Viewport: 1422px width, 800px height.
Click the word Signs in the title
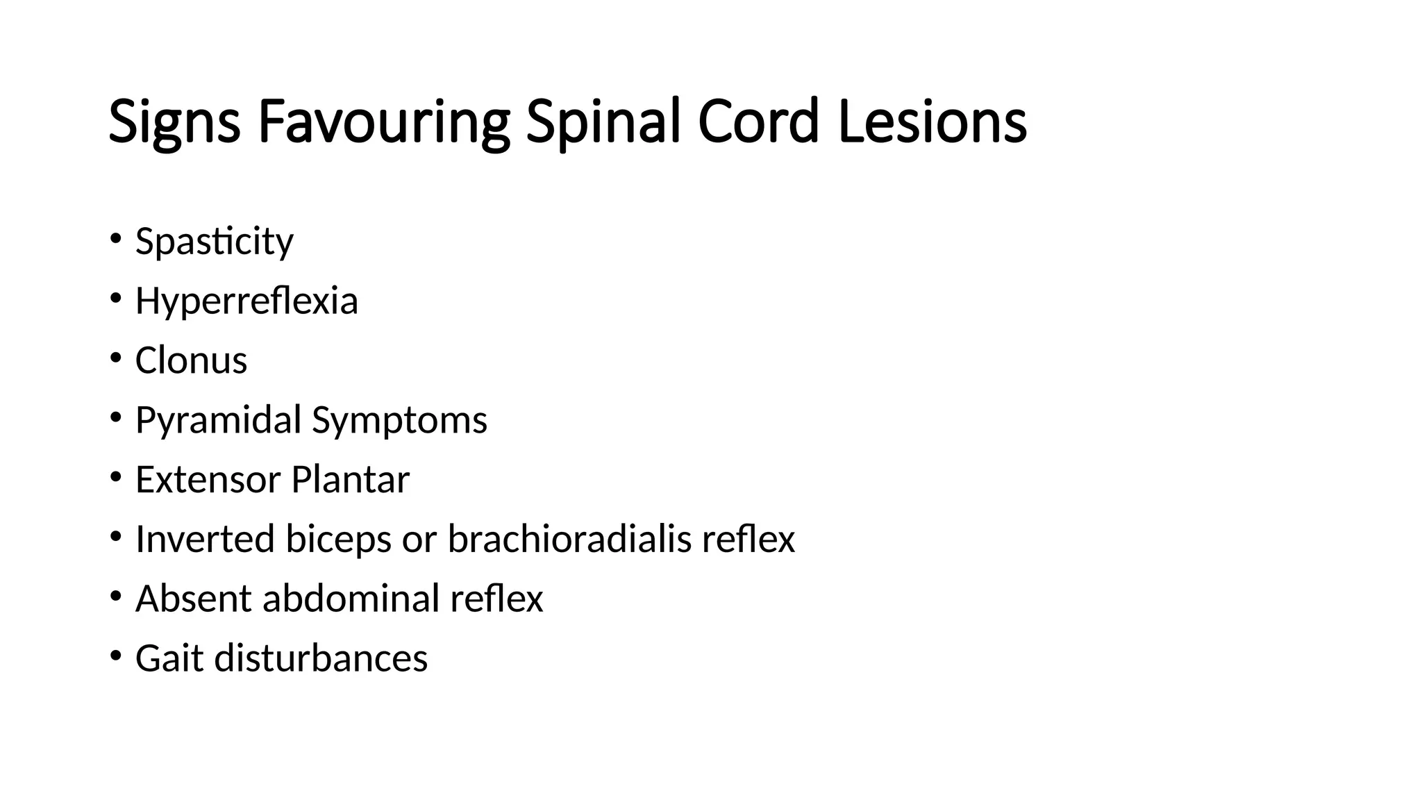click(174, 122)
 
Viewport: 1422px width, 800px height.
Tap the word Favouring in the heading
click(384, 122)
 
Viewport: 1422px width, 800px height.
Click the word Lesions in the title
click(932, 122)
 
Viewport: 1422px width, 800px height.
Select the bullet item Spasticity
click(214, 242)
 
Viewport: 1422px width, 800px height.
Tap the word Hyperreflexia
click(246, 301)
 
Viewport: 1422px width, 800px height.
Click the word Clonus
click(191, 361)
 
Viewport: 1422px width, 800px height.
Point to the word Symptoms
click(399, 421)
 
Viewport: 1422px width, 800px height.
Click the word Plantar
click(350, 480)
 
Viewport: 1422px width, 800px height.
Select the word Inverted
click(205, 540)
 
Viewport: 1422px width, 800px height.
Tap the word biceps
click(338, 540)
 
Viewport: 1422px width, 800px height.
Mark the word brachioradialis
click(569, 540)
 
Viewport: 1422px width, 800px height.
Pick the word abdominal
click(351, 599)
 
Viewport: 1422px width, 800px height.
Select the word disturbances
click(321, 658)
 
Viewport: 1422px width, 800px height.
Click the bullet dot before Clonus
click(115, 358)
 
